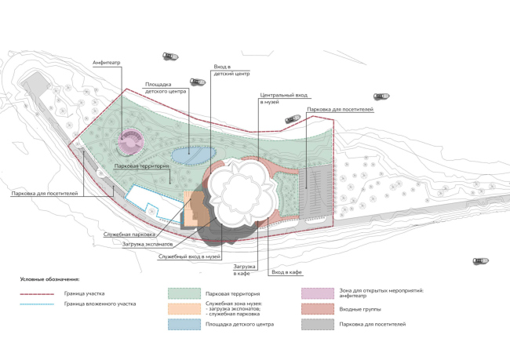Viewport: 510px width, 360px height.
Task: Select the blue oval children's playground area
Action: click(188, 155)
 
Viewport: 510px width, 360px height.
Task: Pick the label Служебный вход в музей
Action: click(189, 257)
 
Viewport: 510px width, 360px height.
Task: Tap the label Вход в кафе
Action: click(286, 271)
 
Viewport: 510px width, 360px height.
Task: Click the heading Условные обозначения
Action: click(49, 278)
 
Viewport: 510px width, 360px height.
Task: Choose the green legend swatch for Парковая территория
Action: click(183, 294)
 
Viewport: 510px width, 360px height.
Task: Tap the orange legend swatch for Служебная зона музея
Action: click(183, 308)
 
